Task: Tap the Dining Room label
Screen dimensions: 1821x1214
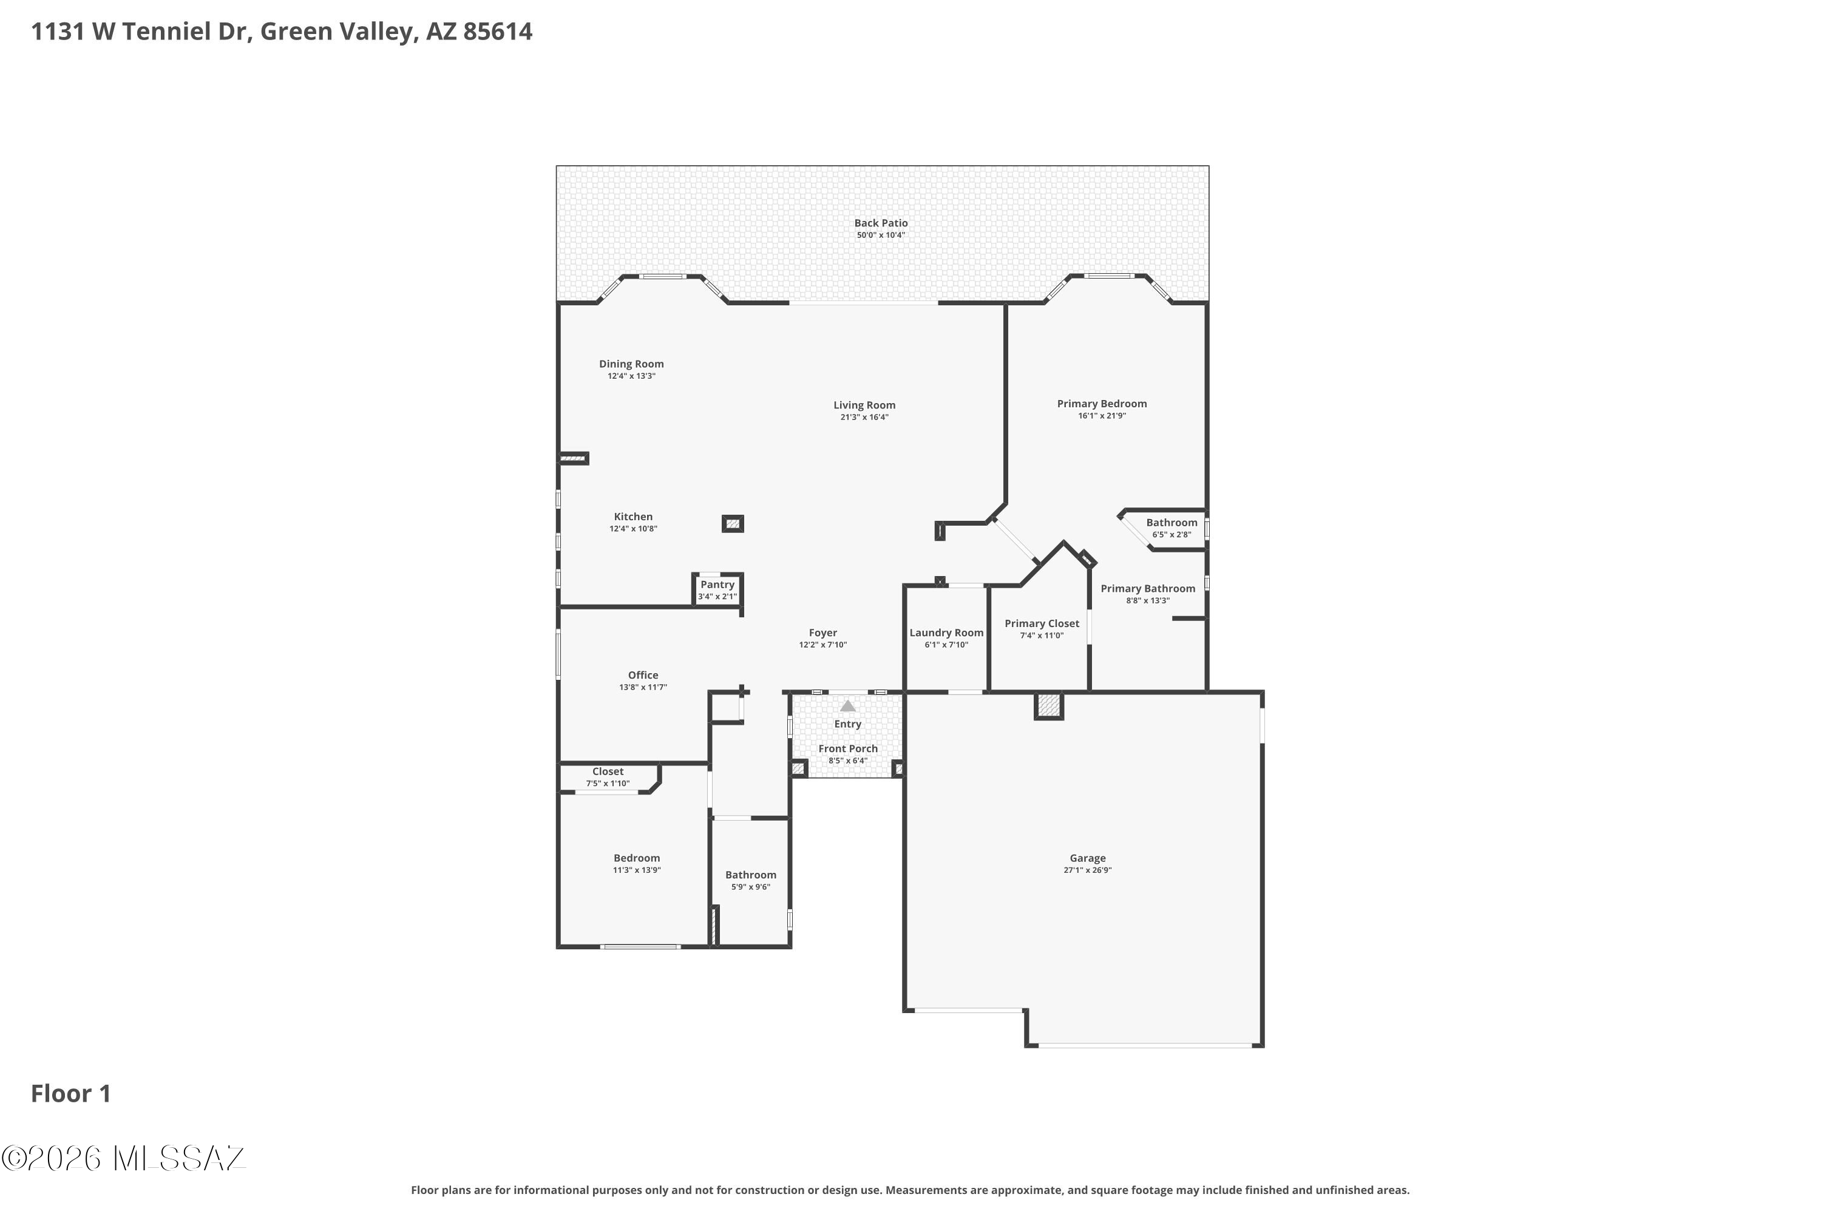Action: (631, 364)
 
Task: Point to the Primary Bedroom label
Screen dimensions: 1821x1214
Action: (1102, 404)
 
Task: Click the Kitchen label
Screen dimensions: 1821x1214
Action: (633, 517)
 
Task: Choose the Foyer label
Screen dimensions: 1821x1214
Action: (823, 632)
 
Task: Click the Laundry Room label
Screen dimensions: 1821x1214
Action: (946, 632)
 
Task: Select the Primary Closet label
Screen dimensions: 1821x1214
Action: (1042, 623)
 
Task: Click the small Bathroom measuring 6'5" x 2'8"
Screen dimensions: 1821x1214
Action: (1172, 529)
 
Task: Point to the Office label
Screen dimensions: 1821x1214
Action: (643, 675)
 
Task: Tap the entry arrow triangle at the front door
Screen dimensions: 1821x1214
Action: (848, 706)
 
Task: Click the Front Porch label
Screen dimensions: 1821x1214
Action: (848, 748)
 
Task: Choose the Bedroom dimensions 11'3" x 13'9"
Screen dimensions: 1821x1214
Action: (636, 870)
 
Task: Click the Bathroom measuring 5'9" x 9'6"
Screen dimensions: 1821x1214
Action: (750, 882)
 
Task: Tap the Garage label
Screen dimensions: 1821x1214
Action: (1087, 858)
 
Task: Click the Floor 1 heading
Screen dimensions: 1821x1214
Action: (71, 1093)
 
